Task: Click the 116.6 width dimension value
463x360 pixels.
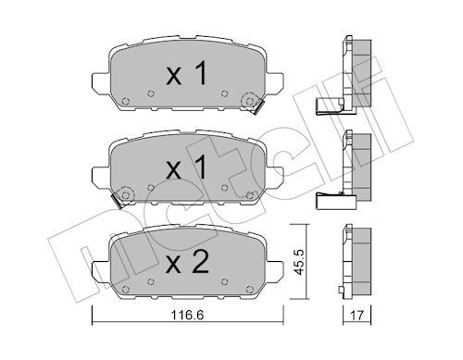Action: tap(187, 316)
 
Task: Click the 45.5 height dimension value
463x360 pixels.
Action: tap(299, 262)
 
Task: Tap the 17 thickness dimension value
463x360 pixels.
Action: tap(357, 316)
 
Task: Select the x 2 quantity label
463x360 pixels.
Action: tap(187, 264)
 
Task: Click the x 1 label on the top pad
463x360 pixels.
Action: tap(186, 73)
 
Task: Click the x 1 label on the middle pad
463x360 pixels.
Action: tap(186, 168)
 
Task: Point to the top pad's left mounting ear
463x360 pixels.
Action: tap(101, 82)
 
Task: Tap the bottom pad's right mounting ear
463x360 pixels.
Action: tap(274, 270)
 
